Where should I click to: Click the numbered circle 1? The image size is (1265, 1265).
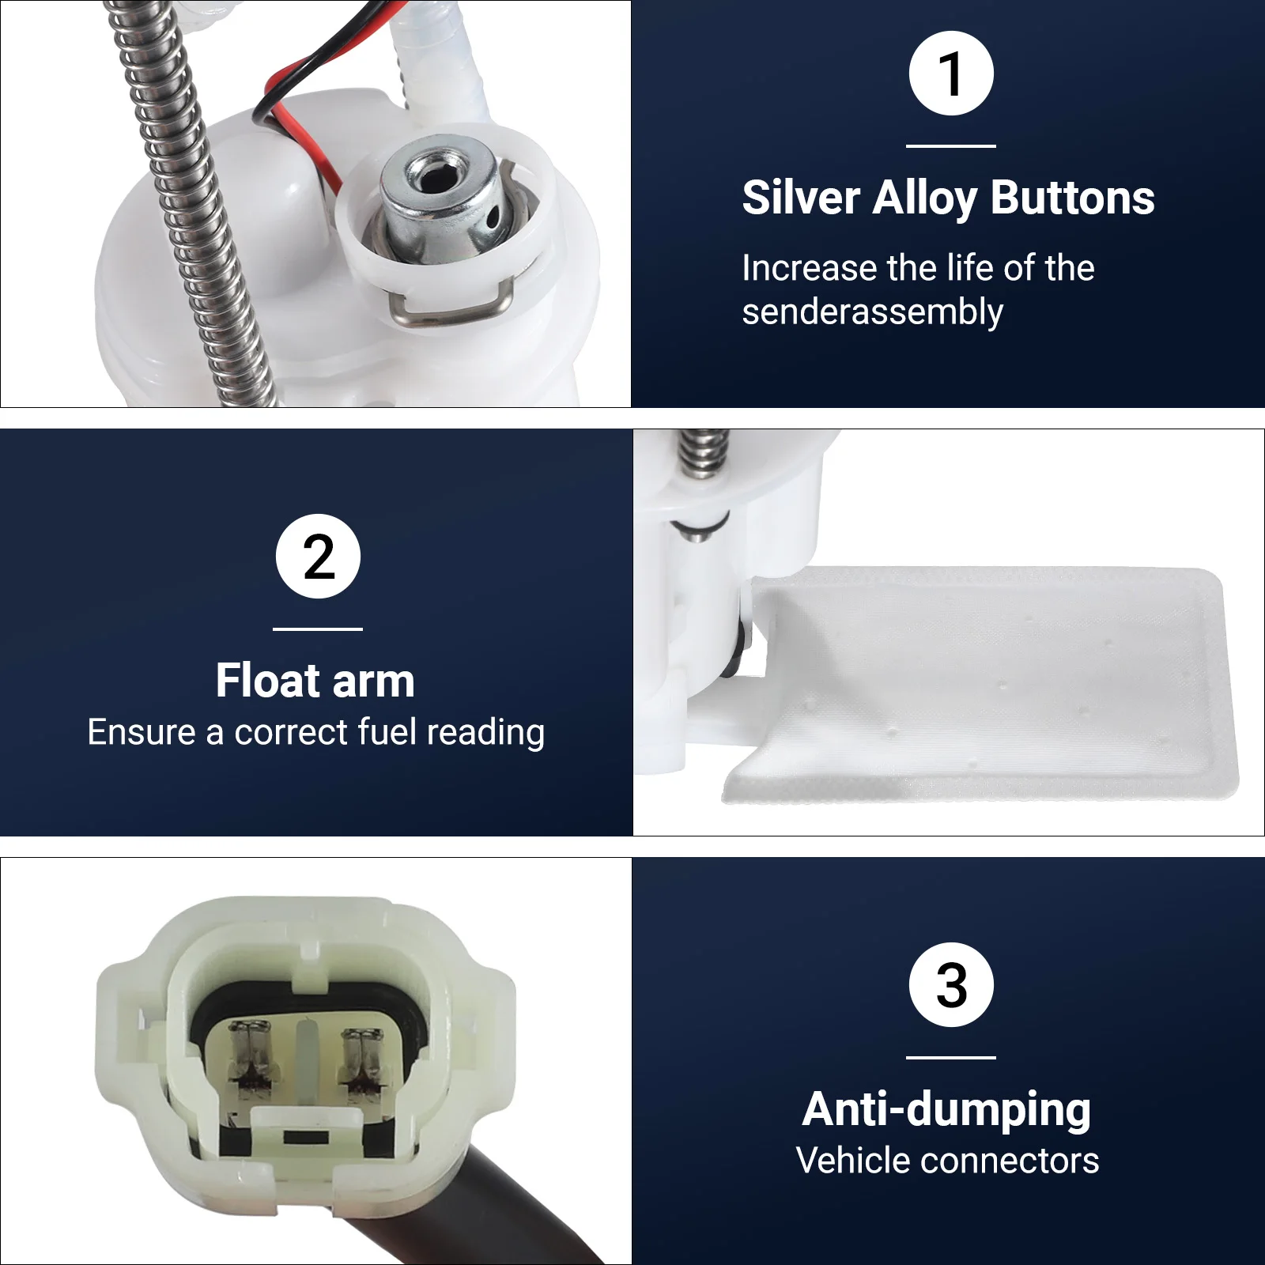tap(951, 74)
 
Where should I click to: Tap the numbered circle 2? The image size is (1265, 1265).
tap(318, 556)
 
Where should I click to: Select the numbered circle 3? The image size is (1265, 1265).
tap(951, 984)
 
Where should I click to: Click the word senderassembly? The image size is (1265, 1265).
tap(873, 312)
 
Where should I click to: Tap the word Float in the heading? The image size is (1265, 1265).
tap(266, 681)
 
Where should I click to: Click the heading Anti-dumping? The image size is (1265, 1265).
tap(947, 1110)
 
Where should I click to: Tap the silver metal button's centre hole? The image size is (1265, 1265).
tap(432, 176)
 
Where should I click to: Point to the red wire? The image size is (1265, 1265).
tap(304, 126)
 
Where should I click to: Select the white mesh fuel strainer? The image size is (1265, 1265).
tap(980, 684)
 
